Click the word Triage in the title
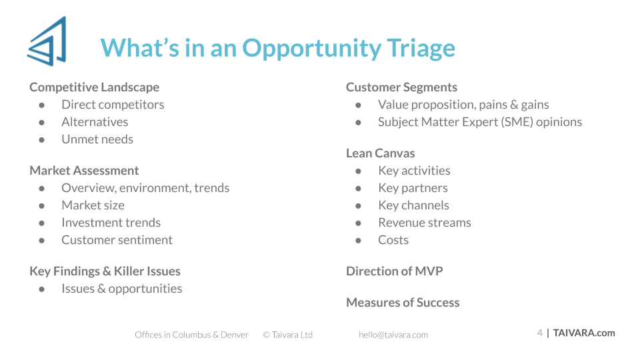(x=421, y=49)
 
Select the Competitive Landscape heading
(x=94, y=87)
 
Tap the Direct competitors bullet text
(x=113, y=105)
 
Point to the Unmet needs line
(x=97, y=139)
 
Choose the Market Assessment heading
(x=84, y=171)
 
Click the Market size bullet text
(x=93, y=205)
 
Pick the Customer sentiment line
(x=117, y=240)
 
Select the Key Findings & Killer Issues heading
(x=105, y=271)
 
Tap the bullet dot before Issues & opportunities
(x=41, y=289)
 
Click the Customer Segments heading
(x=401, y=87)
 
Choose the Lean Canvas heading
(x=381, y=153)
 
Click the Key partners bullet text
(x=413, y=188)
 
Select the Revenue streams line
(x=425, y=223)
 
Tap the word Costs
(x=393, y=240)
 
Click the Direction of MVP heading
(x=394, y=271)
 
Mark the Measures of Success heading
(x=403, y=303)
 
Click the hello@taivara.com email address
(x=393, y=335)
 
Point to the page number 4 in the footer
(x=539, y=333)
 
